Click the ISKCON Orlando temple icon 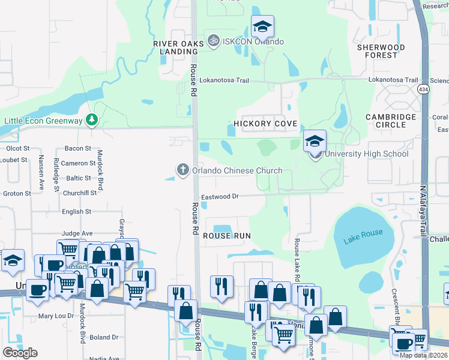(212, 41)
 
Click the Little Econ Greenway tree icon (91, 120)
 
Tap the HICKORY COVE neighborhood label (263, 124)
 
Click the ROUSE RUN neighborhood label (226, 236)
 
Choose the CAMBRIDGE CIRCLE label (391, 121)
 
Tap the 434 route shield (424, 89)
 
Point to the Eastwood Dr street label (220, 196)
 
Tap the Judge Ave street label (77, 233)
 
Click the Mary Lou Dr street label (56, 316)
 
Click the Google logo (20, 353)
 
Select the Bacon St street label (77, 148)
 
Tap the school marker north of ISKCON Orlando (262, 27)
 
